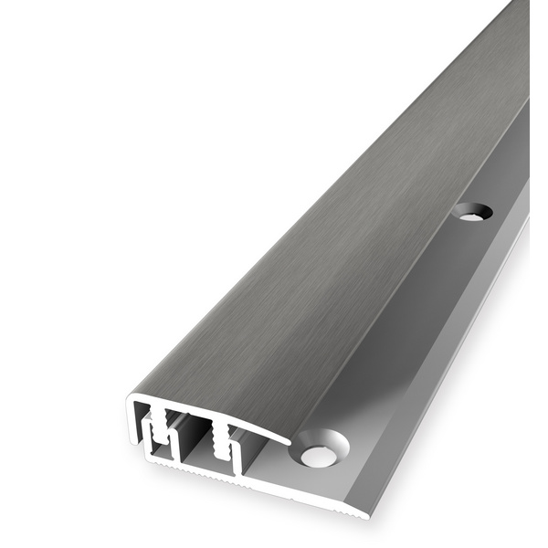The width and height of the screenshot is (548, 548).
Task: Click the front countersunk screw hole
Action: (320, 450)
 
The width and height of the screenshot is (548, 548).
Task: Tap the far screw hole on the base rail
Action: (471, 212)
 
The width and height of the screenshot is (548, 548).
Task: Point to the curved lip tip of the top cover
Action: (288, 440)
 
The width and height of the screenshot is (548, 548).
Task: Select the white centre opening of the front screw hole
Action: (319, 454)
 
